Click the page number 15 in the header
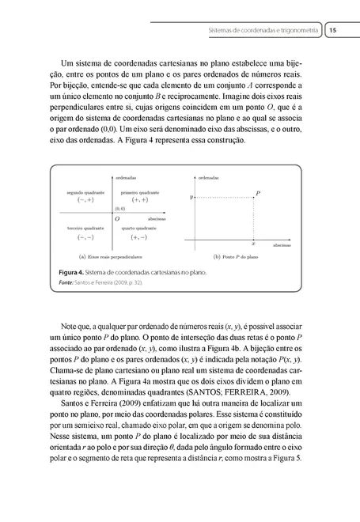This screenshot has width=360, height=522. point(333,29)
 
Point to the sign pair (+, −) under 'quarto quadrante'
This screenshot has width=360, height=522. point(138,236)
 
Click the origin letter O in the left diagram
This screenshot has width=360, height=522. point(117,217)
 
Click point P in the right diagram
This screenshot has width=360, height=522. point(259,193)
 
